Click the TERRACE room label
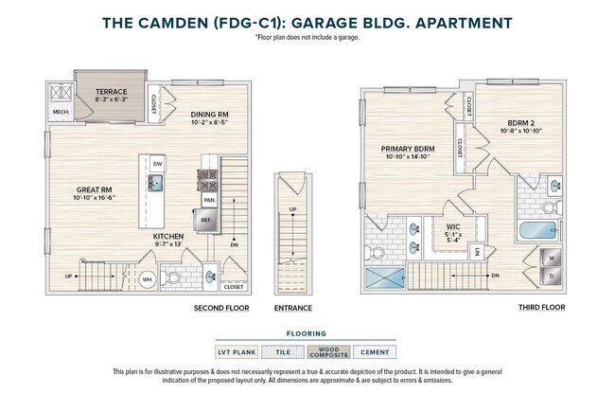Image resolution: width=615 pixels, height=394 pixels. coord(111,92)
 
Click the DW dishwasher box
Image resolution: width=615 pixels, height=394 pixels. coord(157,164)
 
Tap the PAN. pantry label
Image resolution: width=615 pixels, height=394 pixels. coord(207,200)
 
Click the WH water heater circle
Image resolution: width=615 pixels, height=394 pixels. coord(147,279)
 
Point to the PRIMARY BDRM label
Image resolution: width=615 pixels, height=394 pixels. coord(408,149)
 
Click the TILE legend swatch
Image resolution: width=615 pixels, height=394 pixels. coord(285,351)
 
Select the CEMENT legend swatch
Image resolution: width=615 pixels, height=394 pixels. coord(376,351)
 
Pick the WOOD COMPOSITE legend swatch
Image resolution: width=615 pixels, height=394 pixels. coord(329,351)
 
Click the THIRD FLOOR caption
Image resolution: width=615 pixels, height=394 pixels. coord(542,308)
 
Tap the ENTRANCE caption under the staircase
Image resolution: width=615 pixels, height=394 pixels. coord(293,308)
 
